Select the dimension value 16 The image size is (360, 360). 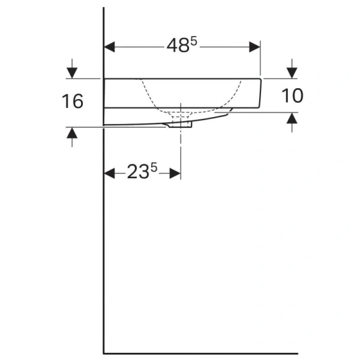coord(72,101)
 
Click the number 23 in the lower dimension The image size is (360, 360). coord(137,173)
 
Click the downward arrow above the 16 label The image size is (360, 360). coord(72,73)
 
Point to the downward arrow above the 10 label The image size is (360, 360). coord(292,72)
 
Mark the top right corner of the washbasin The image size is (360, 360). coord(260,79)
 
